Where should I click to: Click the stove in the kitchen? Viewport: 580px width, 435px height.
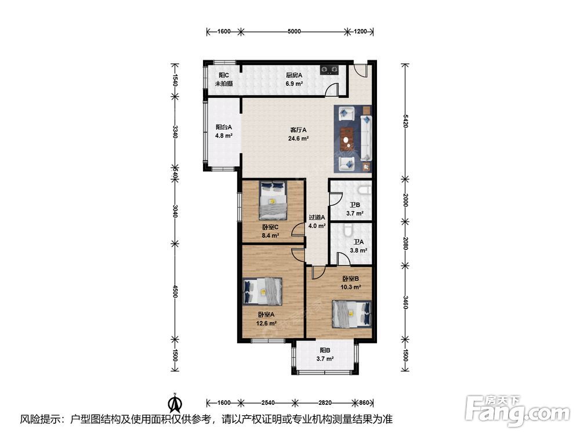[x=329, y=70]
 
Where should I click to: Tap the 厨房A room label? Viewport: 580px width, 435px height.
[x=294, y=75]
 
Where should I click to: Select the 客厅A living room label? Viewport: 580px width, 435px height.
[x=298, y=130]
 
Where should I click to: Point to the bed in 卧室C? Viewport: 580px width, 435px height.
[x=273, y=200]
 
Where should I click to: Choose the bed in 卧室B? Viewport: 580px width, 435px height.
[x=351, y=314]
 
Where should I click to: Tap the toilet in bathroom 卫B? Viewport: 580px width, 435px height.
[x=365, y=190]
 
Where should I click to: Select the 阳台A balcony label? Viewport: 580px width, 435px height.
[x=224, y=127]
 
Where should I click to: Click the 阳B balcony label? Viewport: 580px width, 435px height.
[x=325, y=350]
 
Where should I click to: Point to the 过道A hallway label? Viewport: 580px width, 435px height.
[x=317, y=217]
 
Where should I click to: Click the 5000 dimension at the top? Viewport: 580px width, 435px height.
[x=294, y=31]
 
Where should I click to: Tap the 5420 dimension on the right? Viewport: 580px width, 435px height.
[x=405, y=121]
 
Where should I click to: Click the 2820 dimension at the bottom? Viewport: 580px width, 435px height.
[x=325, y=403]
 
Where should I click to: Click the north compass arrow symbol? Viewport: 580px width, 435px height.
[x=175, y=403]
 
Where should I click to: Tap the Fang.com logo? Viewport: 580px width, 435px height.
[x=517, y=411]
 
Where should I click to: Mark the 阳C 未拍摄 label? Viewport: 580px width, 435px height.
[x=224, y=79]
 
